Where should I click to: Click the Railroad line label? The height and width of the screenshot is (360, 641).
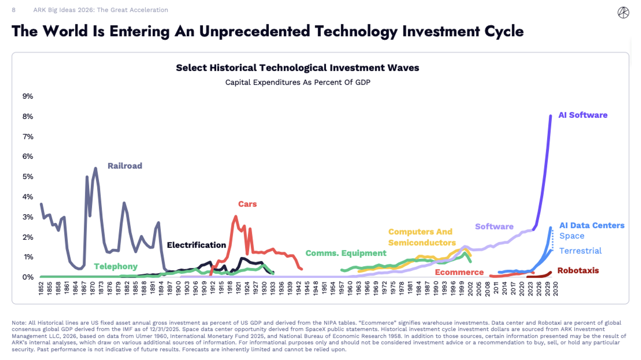[x=125, y=166]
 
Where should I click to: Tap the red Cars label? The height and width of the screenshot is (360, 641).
[x=247, y=204]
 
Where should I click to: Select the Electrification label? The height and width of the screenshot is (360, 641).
[x=196, y=245]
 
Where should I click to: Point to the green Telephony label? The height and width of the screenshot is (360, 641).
[x=116, y=267]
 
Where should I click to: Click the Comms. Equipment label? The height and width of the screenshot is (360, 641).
[x=346, y=253]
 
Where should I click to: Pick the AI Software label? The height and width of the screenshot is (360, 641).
[x=583, y=115]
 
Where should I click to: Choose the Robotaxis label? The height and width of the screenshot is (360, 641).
[x=578, y=271]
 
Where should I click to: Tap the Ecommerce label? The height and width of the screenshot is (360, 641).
[x=459, y=272]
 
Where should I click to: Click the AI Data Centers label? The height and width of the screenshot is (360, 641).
[x=592, y=225]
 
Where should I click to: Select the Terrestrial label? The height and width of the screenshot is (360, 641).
[x=581, y=251]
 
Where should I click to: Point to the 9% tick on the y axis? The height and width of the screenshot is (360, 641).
[x=28, y=96]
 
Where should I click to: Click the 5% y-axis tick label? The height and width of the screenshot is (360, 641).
[x=28, y=177]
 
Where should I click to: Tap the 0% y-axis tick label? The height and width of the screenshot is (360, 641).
[x=28, y=277]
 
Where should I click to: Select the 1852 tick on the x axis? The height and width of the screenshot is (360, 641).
[x=41, y=288]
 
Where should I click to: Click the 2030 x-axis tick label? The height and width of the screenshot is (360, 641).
[x=556, y=289]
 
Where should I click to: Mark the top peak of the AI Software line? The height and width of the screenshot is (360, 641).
[x=550, y=116]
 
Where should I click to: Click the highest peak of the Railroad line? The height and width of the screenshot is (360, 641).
[x=96, y=168]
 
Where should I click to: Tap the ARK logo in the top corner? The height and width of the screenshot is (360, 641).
[x=623, y=13]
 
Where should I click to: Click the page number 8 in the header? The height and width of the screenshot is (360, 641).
[x=14, y=10]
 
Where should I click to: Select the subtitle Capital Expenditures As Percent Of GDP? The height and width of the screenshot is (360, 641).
[x=298, y=82]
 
